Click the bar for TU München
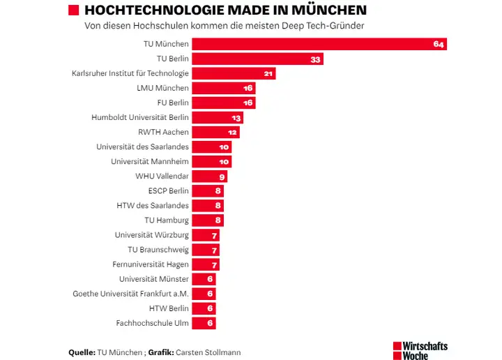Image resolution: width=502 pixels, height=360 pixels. [319, 44]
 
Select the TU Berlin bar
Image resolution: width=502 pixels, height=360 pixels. [257, 59]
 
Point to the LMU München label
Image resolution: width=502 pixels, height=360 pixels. [163, 88]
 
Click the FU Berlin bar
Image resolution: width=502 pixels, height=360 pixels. [223, 103]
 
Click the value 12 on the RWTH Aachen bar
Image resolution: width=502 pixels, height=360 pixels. [233, 133]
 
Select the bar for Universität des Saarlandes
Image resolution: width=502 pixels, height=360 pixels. [211, 147]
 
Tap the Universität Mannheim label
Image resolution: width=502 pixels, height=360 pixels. [150, 161]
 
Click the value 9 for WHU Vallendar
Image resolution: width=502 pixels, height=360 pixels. [221, 177]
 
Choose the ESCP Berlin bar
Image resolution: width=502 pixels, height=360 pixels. [207, 190]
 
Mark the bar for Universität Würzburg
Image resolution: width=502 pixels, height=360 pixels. [205, 235]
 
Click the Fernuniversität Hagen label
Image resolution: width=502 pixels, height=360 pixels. [151, 264]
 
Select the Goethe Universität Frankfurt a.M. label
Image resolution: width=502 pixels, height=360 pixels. [131, 294]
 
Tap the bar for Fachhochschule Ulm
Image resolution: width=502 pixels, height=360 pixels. [204, 323]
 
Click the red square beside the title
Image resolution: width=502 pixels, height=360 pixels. [73, 10]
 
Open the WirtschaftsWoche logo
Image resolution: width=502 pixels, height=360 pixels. [420, 350]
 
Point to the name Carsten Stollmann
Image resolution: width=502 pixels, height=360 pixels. [208, 352]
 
